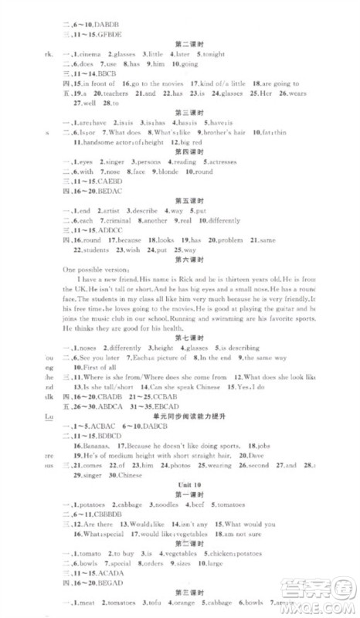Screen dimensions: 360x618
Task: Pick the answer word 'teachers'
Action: [113, 93]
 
